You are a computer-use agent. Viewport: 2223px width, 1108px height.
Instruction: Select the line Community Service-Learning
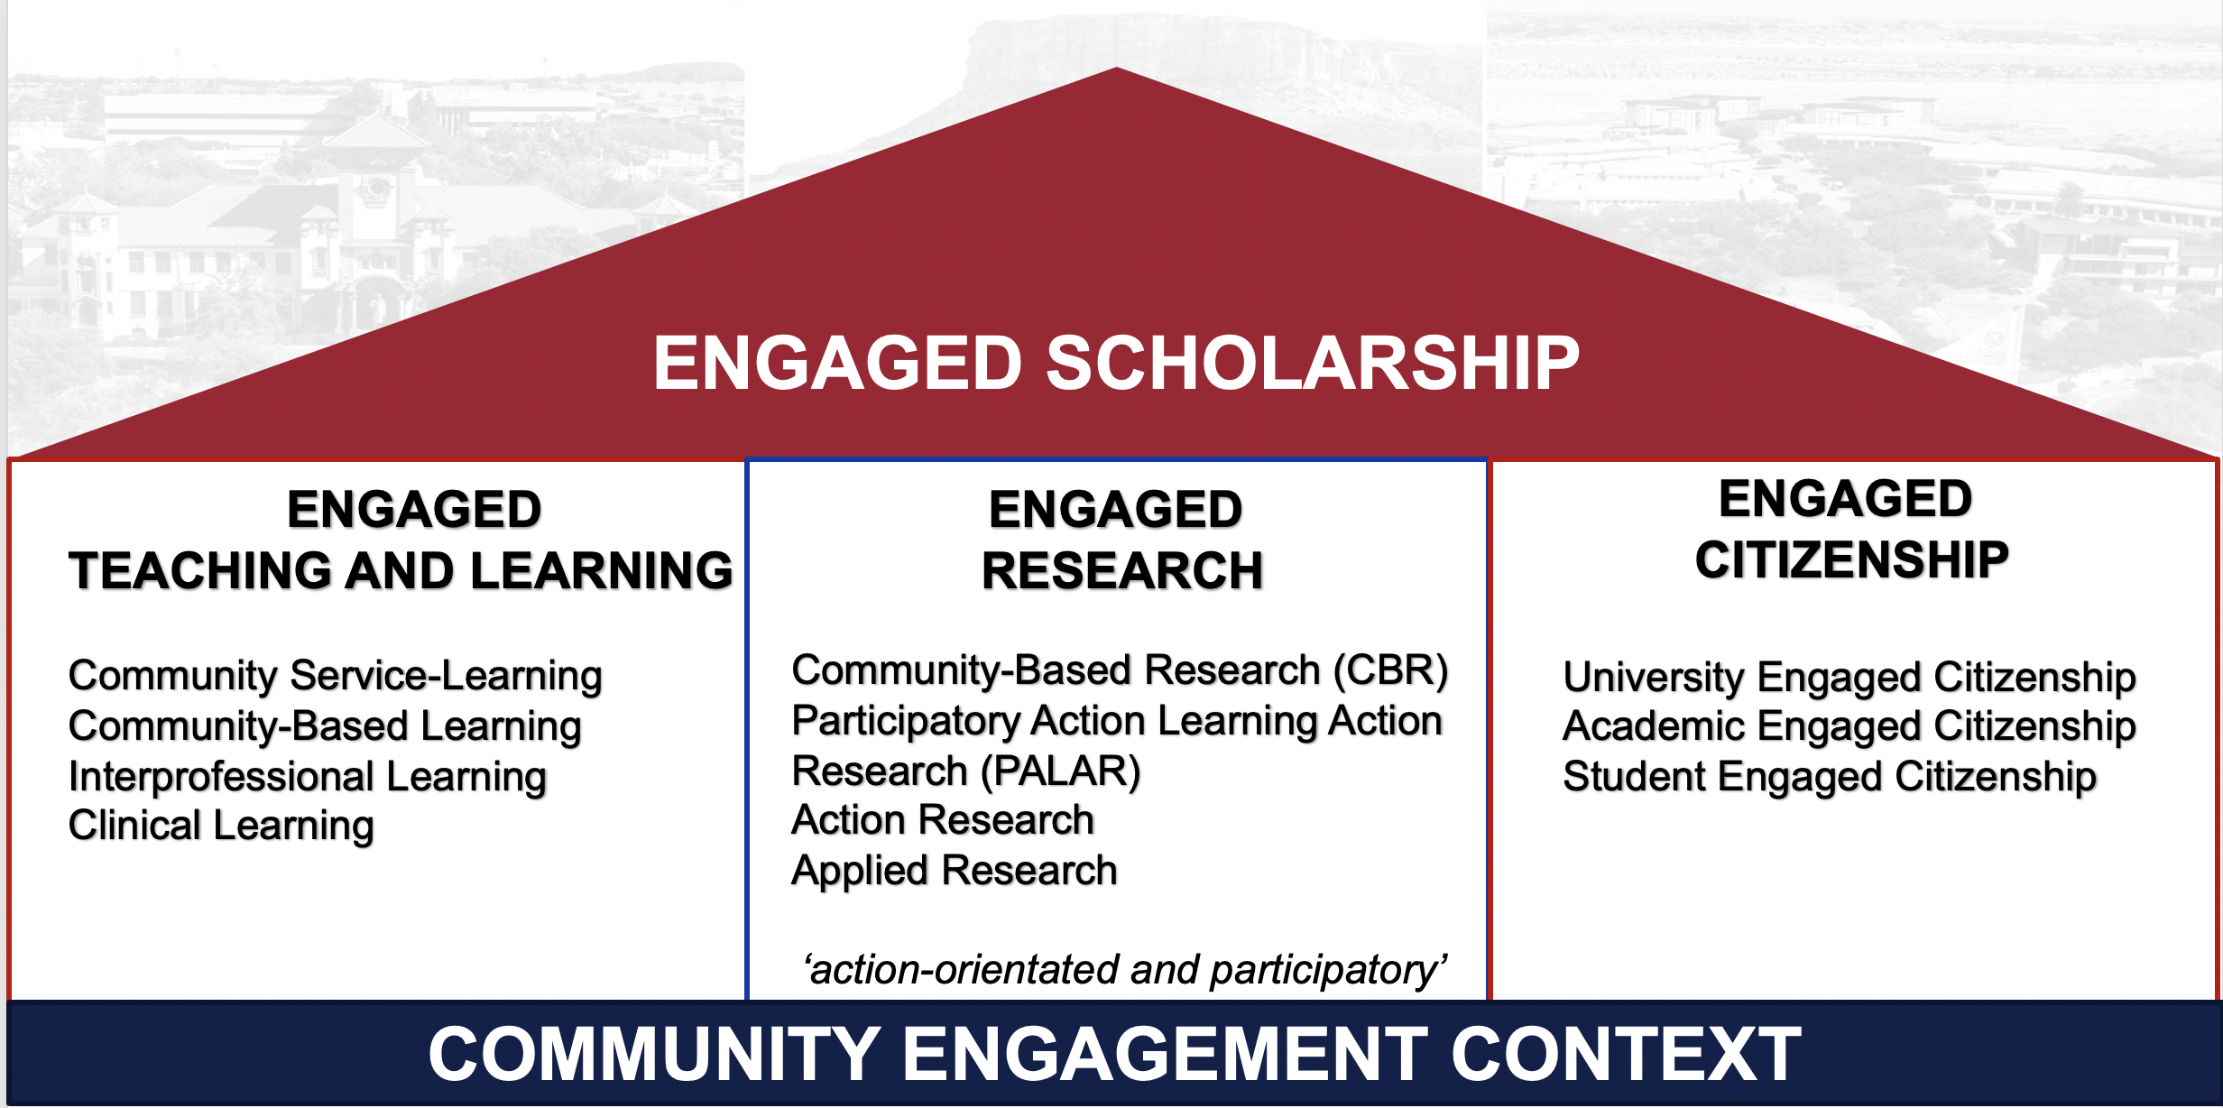pyautogui.click(x=335, y=676)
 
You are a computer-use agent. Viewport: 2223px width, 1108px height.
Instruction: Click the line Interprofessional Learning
pyautogui.click(x=307, y=777)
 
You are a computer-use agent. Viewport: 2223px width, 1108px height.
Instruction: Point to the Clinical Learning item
pyautogui.click(x=221, y=826)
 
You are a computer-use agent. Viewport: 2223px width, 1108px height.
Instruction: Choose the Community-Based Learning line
pyautogui.click(x=325, y=726)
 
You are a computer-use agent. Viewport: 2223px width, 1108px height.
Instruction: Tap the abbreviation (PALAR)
pyautogui.click(x=1061, y=771)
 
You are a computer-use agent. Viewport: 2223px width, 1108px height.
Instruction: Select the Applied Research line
pyautogui.click(x=954, y=871)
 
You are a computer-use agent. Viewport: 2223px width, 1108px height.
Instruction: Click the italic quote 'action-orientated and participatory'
pyautogui.click(x=1124, y=970)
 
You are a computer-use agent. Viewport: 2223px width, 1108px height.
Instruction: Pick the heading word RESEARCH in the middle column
pyautogui.click(x=1121, y=571)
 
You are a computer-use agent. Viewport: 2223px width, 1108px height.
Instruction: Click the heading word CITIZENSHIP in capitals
pyautogui.click(x=1851, y=560)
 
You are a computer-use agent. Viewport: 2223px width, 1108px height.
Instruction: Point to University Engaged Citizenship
pyautogui.click(x=1849, y=677)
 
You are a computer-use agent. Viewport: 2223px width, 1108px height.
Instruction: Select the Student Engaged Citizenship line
pyautogui.click(x=1829, y=777)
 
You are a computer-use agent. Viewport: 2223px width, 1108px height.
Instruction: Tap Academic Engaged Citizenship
pyautogui.click(x=1849, y=726)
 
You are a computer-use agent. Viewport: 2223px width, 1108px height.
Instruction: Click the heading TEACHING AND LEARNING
pyautogui.click(x=401, y=571)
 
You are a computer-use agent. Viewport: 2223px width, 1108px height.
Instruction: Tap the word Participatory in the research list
pyautogui.click(x=905, y=721)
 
